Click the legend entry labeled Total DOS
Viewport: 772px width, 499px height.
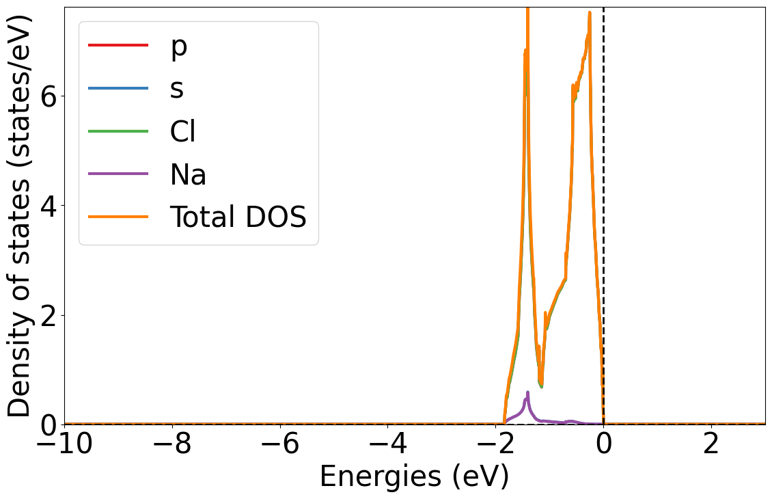238,217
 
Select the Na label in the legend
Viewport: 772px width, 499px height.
188,174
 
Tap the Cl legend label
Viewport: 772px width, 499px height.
182,131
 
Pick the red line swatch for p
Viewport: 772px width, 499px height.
118,46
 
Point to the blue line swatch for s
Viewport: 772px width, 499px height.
118,88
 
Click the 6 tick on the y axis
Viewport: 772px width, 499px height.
48,96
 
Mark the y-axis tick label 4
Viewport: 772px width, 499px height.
48,205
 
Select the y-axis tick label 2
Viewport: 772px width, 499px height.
48,315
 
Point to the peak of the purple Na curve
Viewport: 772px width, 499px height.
527,392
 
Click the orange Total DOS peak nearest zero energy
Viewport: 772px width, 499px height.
589,13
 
